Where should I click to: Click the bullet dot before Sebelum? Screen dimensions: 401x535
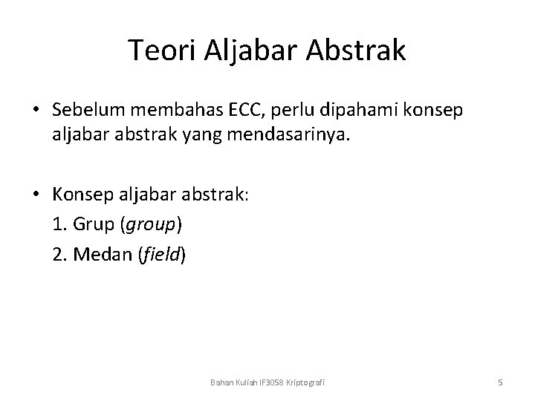pyautogui.click(x=36, y=110)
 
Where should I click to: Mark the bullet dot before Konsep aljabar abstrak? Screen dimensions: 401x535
pyautogui.click(x=36, y=195)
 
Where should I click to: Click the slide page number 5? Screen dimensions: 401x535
pyautogui.click(x=500, y=382)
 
